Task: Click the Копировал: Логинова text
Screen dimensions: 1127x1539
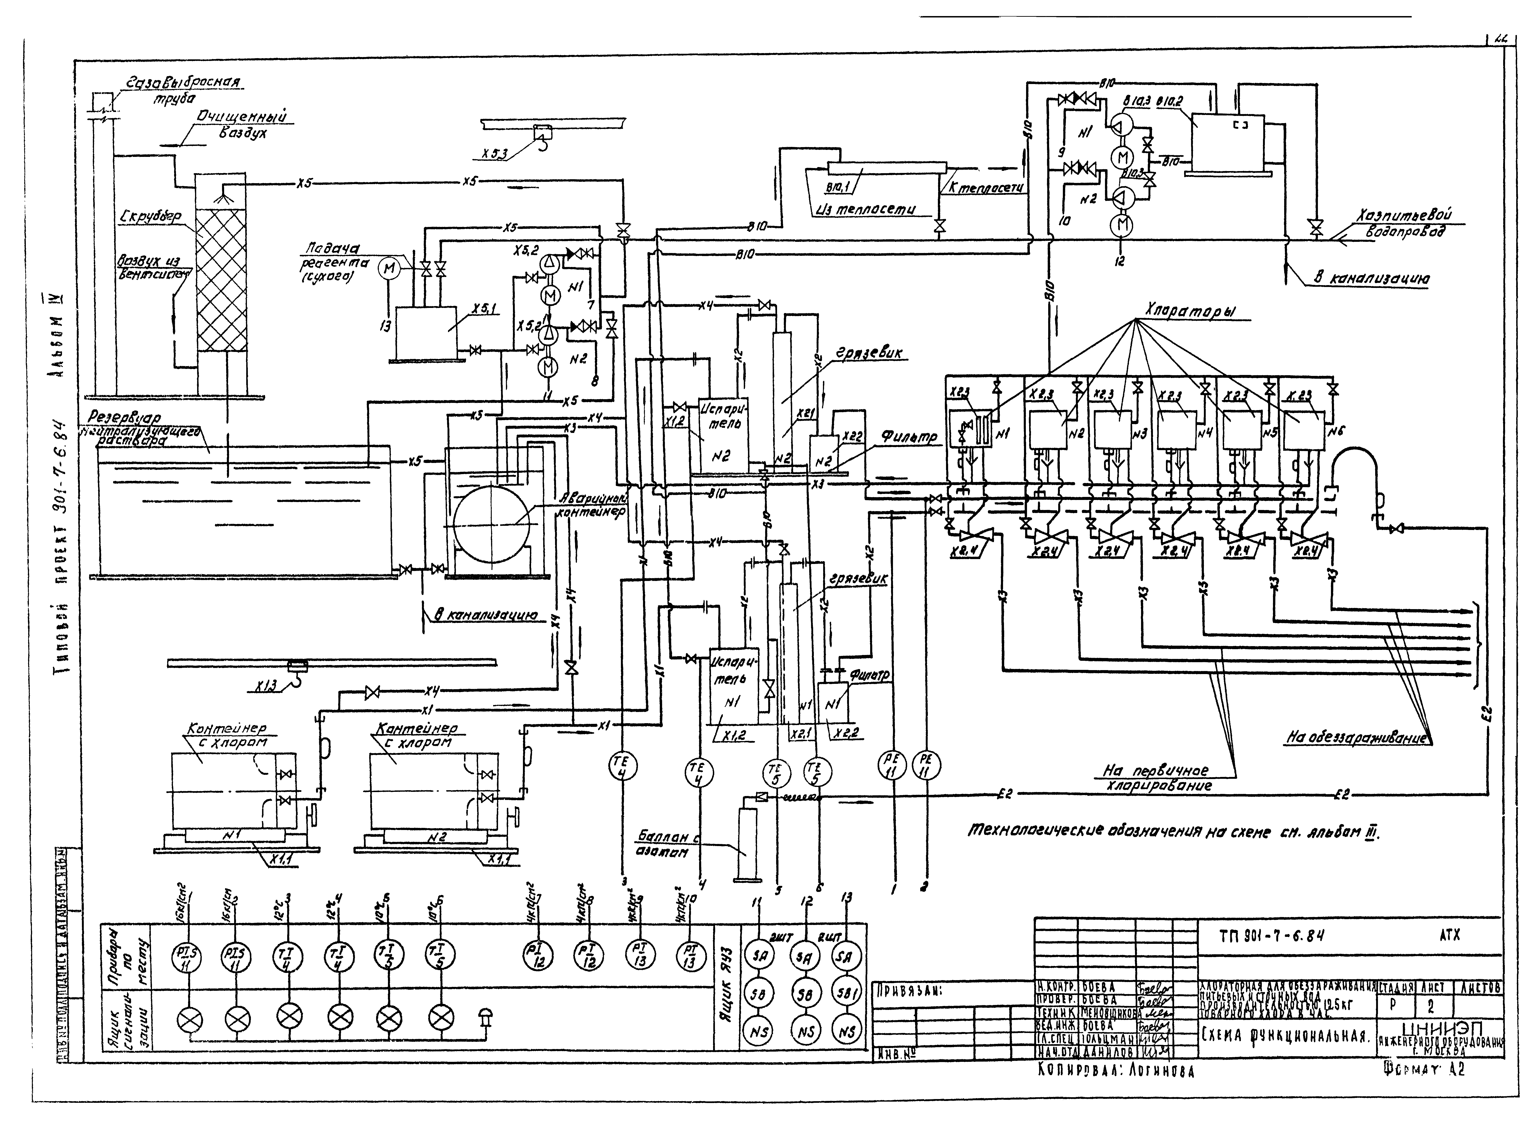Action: [1115, 1071]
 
